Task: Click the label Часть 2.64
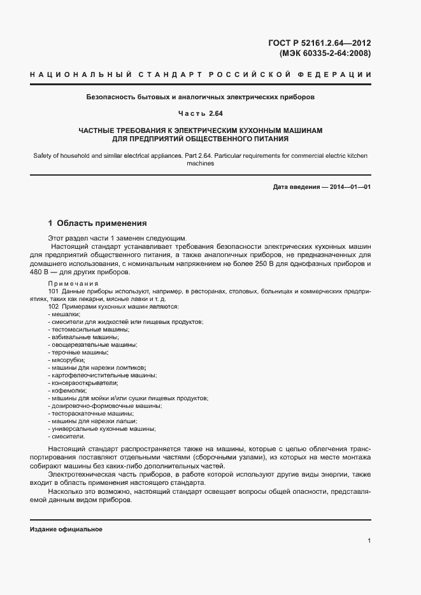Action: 200,114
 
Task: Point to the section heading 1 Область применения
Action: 97,223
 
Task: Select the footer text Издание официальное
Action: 66,529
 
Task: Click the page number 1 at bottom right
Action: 369,542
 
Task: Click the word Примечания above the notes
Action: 74,283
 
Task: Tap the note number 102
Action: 54,307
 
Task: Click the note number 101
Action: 54,291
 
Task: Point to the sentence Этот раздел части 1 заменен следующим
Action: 117,237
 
